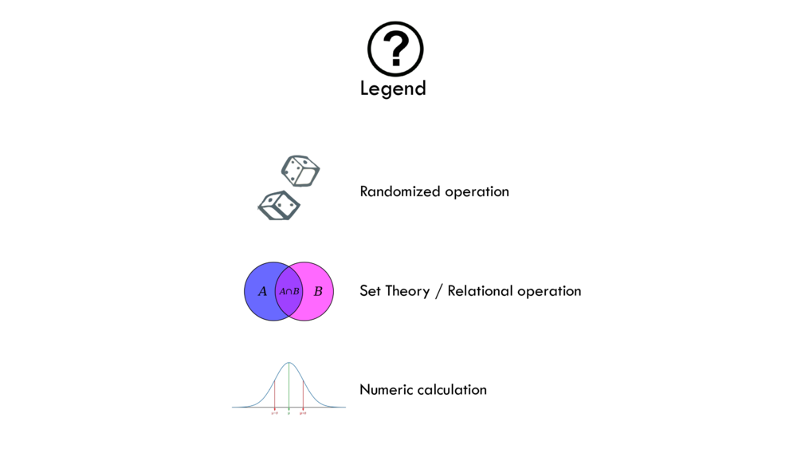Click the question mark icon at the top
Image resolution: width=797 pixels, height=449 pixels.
tap(395, 49)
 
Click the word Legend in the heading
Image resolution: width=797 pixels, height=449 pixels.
tap(393, 89)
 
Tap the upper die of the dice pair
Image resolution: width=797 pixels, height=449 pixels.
tap(300, 171)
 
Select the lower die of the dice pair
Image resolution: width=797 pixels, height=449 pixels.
tap(279, 206)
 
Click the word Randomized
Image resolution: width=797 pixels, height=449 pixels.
tap(398, 191)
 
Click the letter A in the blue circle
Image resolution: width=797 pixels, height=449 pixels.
tap(263, 292)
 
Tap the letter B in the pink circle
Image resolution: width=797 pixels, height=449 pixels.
tap(318, 292)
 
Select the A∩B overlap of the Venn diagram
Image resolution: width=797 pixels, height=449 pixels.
tap(289, 292)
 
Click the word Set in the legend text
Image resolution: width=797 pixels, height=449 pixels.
tap(371, 291)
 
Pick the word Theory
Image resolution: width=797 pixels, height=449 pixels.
tap(407, 291)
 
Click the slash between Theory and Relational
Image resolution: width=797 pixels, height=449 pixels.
tap(438, 291)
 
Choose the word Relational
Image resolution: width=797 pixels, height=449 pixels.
tap(479, 291)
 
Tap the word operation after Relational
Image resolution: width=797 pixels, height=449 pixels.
tap(548, 291)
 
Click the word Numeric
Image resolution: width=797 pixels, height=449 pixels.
tap(386, 390)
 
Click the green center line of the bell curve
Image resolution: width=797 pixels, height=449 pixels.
tap(289, 387)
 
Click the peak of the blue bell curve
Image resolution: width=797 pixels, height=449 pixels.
tap(289, 364)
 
